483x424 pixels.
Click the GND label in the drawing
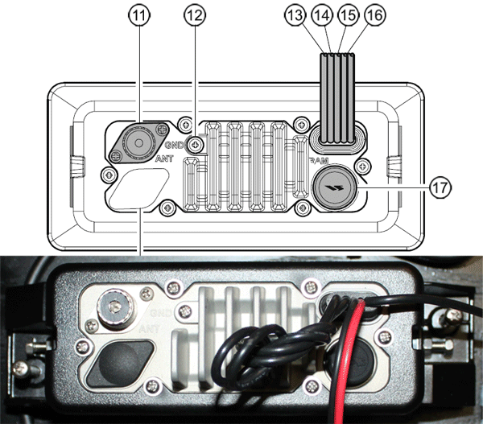175,145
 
